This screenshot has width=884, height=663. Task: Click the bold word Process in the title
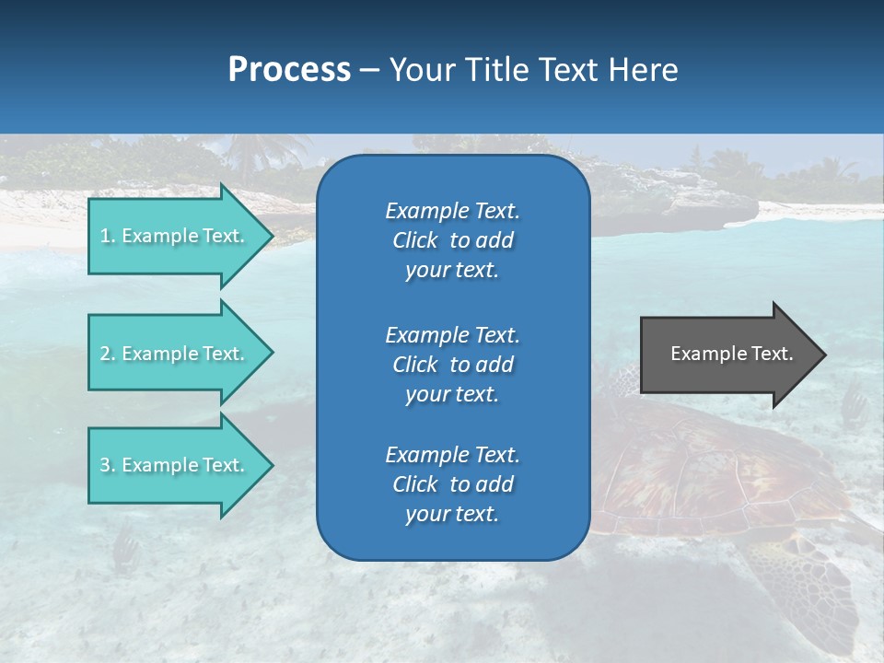(x=289, y=70)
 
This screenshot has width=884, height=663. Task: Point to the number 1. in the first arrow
(x=108, y=236)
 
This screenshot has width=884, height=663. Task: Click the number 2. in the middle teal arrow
(x=108, y=354)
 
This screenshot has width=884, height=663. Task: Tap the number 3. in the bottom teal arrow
(x=108, y=465)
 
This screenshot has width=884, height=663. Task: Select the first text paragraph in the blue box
(x=452, y=240)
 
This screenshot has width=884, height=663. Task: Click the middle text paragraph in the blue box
(x=452, y=365)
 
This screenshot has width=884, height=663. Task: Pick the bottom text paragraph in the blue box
(x=452, y=484)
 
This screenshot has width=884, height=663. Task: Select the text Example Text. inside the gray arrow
(x=731, y=354)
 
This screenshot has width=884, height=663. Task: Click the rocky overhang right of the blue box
(x=681, y=207)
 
